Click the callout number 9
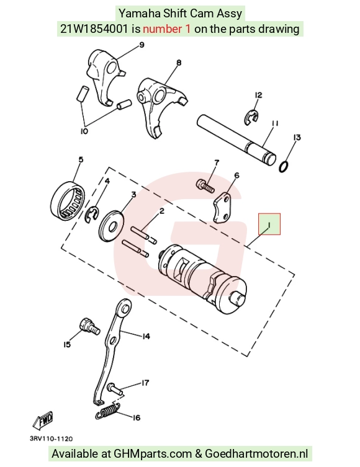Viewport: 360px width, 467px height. click(142, 45)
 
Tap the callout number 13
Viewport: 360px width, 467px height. click(297, 137)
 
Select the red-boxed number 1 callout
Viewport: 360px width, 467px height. click(269, 224)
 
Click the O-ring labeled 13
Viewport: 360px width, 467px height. click(284, 167)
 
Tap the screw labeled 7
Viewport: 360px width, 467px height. click(205, 186)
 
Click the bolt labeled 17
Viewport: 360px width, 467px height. click(114, 388)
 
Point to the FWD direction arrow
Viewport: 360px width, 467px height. click(43, 420)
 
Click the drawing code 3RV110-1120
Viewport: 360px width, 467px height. click(51, 438)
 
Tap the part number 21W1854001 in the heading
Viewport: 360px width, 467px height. click(94, 29)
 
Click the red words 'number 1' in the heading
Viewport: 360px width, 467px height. click(166, 29)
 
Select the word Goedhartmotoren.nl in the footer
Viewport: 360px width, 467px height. click(256, 454)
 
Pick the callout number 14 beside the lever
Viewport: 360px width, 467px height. click(146, 337)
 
